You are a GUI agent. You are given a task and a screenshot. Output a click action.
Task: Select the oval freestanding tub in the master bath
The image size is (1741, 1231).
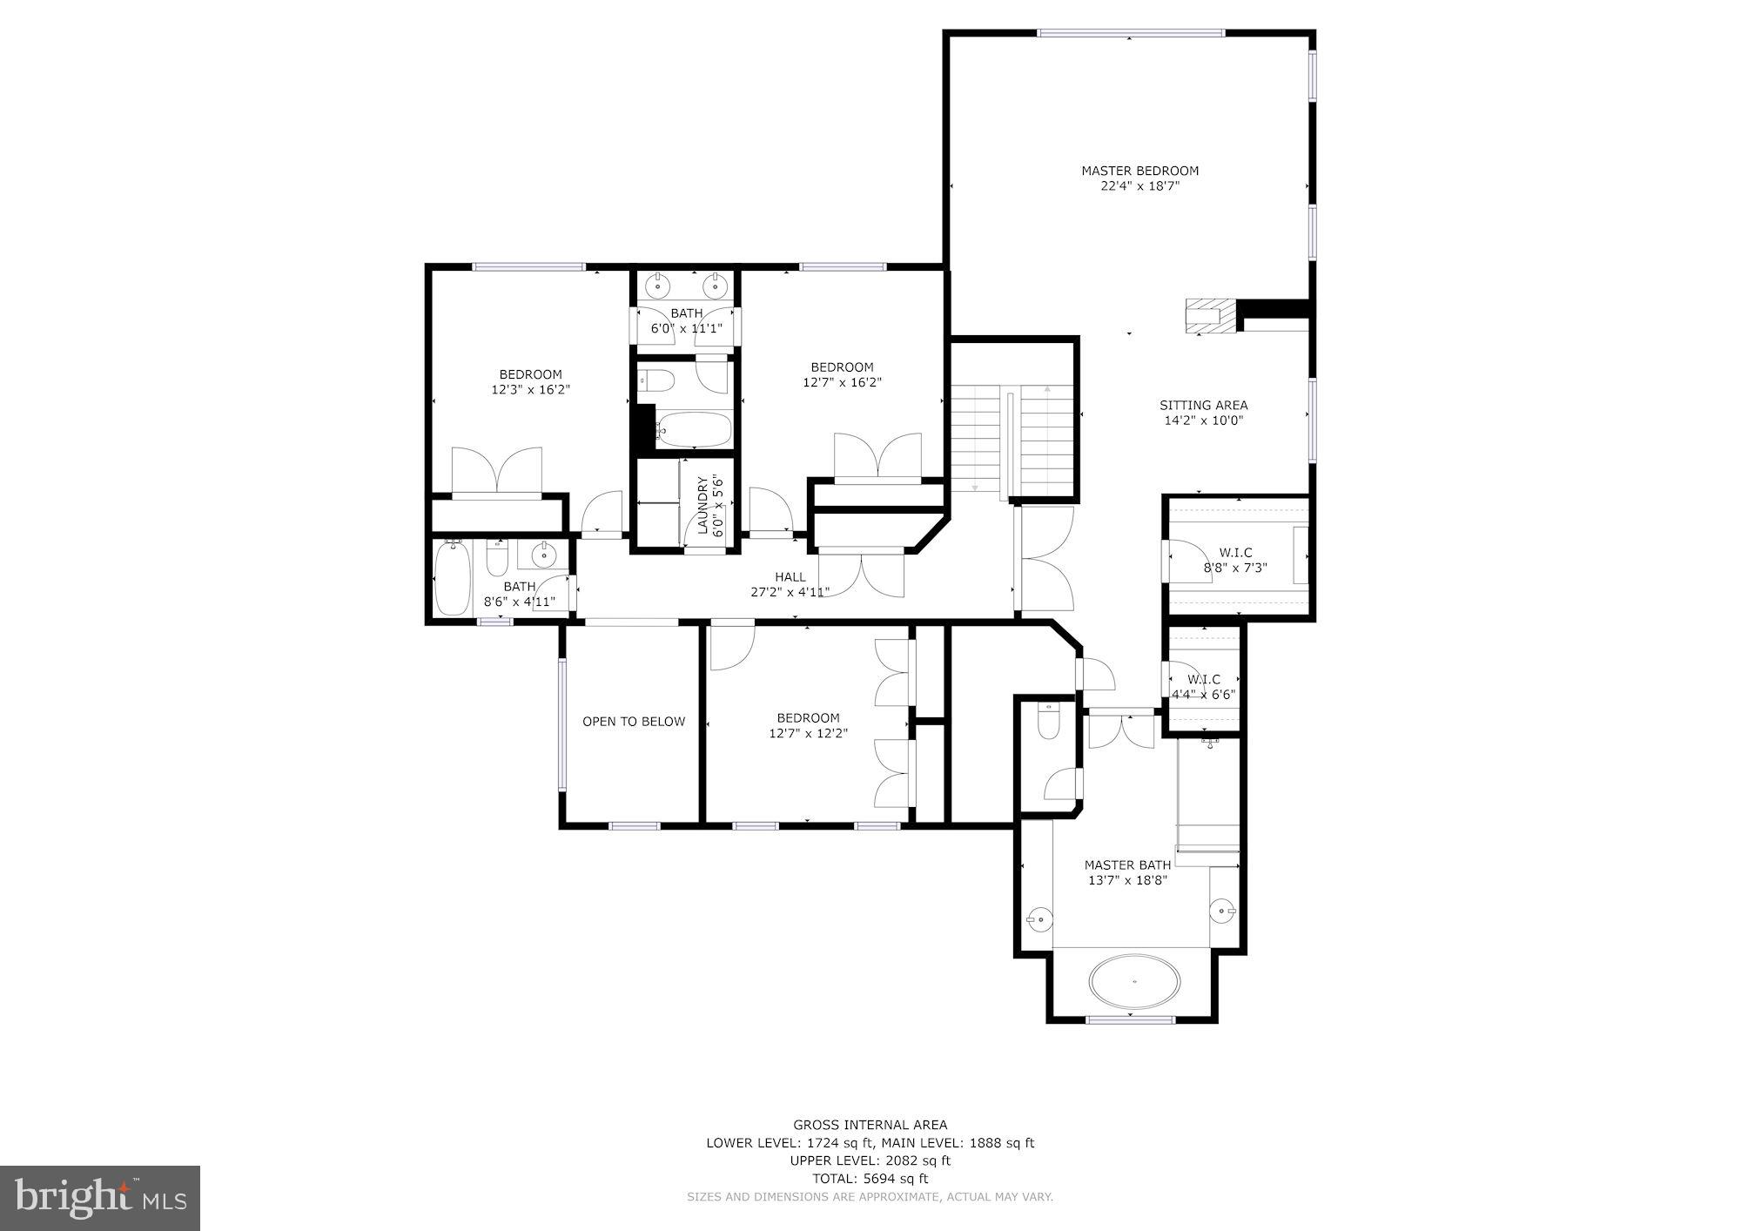tap(1135, 981)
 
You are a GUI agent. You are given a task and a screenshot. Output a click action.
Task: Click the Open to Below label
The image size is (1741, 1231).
tap(634, 722)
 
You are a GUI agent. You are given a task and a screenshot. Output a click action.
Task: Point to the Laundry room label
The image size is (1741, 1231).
tap(702, 505)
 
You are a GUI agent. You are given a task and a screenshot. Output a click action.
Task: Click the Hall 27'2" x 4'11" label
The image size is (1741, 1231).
tap(790, 584)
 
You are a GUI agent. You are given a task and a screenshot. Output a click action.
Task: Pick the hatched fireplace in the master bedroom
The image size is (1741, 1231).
tap(1211, 316)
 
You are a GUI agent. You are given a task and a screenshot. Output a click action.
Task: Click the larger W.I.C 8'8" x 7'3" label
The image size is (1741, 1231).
tap(1235, 560)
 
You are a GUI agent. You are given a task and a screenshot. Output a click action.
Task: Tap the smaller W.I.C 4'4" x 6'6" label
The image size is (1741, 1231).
tap(1203, 687)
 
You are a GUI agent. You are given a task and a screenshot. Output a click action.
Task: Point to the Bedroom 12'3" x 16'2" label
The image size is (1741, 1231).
tap(530, 382)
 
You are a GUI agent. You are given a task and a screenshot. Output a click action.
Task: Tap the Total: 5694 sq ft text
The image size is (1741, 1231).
tap(870, 1179)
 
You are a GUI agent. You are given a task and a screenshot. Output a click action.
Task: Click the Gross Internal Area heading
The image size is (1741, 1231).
tap(870, 1125)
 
